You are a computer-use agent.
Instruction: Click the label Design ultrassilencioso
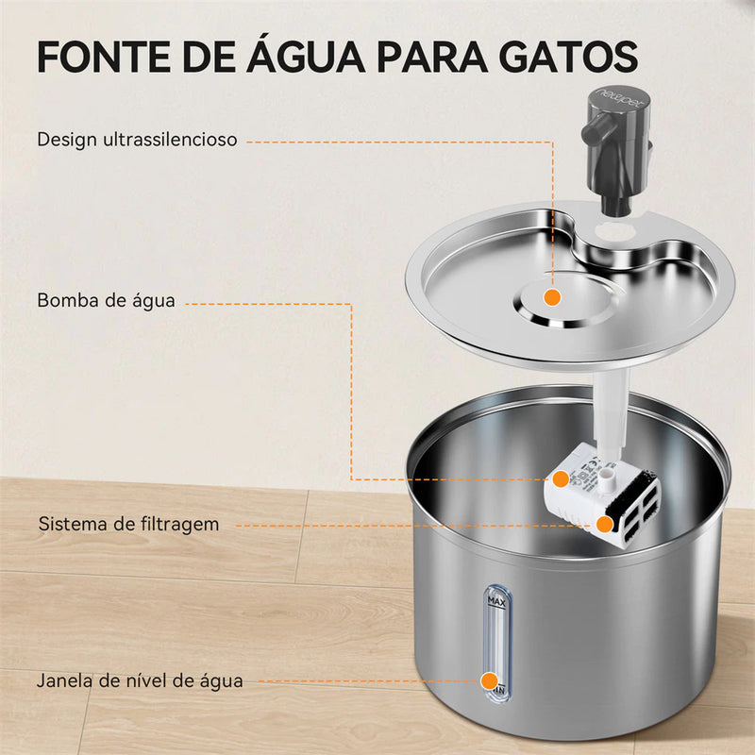137,140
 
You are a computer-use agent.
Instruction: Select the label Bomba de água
106,301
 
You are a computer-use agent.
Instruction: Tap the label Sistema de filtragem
128,523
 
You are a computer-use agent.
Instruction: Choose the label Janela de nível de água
140,679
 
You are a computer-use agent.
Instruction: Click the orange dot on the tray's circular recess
553,297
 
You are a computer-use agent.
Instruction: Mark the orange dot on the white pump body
561,479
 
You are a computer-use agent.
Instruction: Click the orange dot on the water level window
489,679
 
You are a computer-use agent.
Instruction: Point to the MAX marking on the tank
494,600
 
